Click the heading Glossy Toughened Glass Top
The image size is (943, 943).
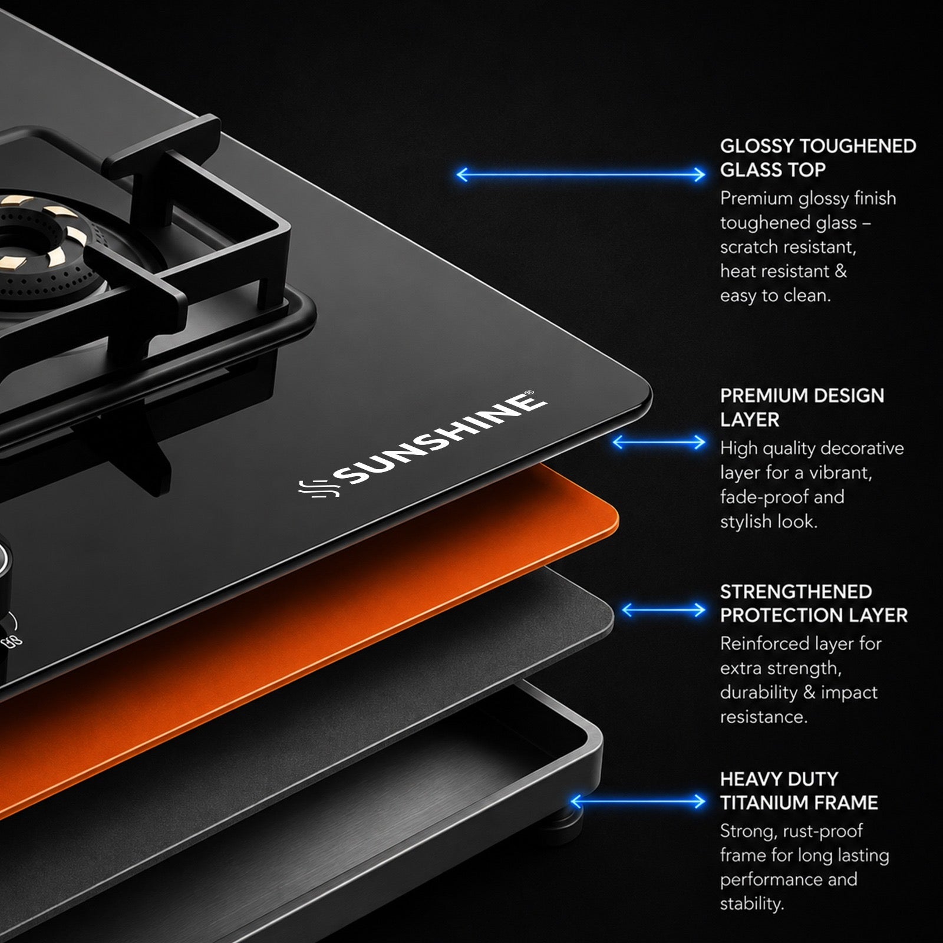tap(818, 158)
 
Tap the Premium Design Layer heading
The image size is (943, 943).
tap(802, 407)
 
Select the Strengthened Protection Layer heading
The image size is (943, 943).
tap(814, 604)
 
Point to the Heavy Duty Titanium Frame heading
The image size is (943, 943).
tap(799, 791)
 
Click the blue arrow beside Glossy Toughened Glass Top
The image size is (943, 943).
tap(581, 174)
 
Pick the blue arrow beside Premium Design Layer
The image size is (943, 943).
tap(659, 442)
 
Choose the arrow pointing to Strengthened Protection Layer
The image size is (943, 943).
tap(664, 610)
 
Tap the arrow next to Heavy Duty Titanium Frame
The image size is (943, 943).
tap(638, 801)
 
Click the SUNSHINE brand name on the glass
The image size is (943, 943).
tap(439, 439)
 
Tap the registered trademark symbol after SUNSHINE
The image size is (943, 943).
tap(529, 393)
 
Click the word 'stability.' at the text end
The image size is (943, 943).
tap(751, 904)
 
